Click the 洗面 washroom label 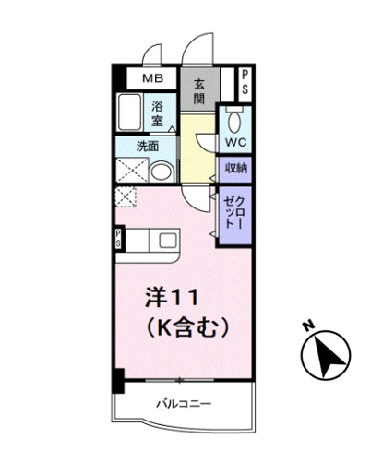(x=147, y=145)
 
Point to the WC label (x=233, y=143)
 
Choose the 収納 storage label (x=234, y=168)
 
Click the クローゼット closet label (x=233, y=213)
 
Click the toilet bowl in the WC (x=233, y=121)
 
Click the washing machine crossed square (x=130, y=170)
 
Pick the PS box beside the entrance (x=245, y=81)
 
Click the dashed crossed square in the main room (x=126, y=197)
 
